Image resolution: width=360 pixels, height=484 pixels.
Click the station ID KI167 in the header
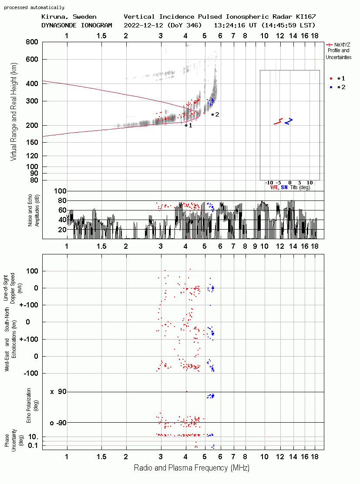tap(306, 17)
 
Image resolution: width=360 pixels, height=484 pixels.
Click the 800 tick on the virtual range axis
tap(32, 42)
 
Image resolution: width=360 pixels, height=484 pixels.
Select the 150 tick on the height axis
tap(32, 142)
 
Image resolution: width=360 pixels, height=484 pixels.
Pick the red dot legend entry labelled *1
tap(337, 79)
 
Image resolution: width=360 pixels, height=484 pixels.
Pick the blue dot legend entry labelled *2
tap(337, 87)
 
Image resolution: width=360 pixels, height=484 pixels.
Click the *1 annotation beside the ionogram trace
tap(188, 126)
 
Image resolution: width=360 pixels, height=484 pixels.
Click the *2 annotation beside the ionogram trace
tap(215, 115)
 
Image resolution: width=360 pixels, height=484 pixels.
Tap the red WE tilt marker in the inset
tap(279, 121)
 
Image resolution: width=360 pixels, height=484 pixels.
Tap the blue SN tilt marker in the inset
tap(288, 121)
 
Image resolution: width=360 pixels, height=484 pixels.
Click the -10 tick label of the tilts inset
tap(269, 183)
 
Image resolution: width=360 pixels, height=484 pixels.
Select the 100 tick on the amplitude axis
tap(60, 191)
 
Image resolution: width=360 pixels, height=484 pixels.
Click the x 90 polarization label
tap(58, 392)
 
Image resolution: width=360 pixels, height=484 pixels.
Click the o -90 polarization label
tap(58, 423)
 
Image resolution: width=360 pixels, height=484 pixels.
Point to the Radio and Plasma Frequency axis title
tap(192, 468)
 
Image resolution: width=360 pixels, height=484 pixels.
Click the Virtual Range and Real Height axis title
tap(13, 112)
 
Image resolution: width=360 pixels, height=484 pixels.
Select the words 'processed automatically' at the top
tap(34, 7)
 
